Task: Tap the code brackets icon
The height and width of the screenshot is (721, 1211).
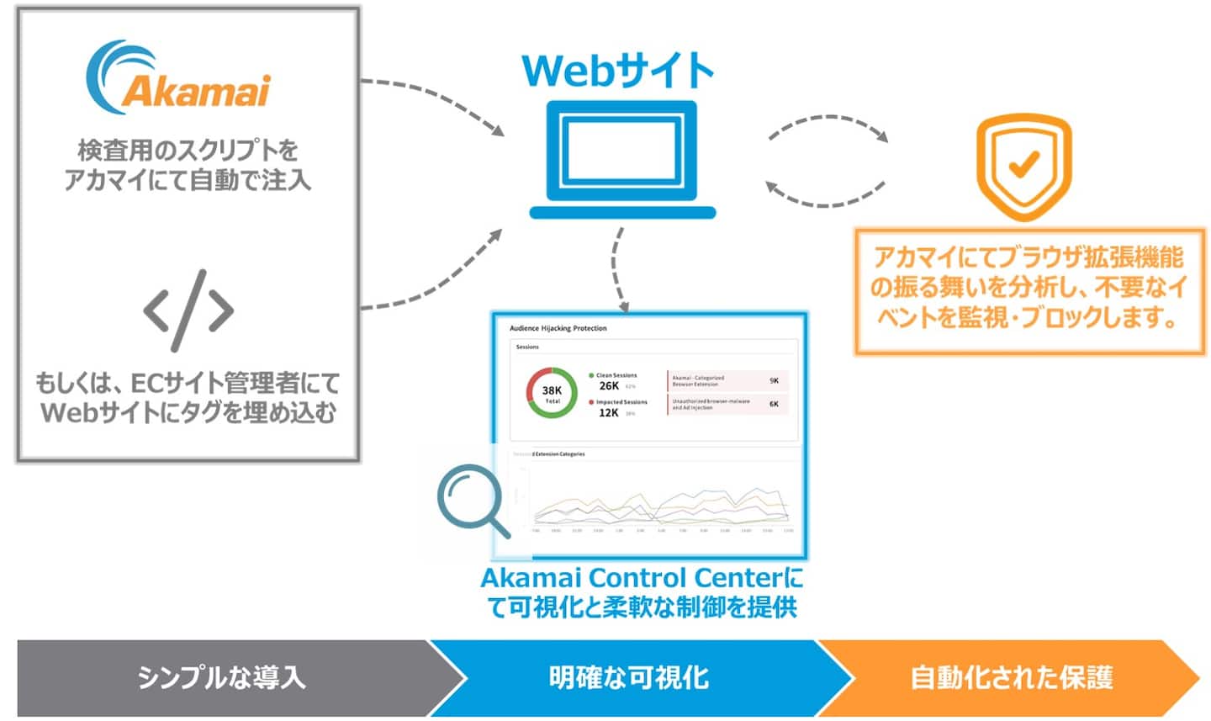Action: click(x=188, y=310)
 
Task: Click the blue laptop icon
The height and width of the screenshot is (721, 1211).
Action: click(x=622, y=160)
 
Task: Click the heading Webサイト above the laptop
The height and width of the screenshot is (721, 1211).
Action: click(x=618, y=71)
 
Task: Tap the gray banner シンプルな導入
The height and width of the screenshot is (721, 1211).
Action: click(x=222, y=677)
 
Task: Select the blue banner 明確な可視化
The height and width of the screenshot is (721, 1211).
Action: click(x=628, y=677)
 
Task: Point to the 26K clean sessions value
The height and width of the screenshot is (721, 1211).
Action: click(x=609, y=386)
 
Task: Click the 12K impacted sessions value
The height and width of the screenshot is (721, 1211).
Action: click(x=608, y=413)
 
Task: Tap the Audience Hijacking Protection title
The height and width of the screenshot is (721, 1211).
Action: click(x=558, y=328)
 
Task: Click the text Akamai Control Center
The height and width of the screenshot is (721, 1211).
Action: click(x=631, y=578)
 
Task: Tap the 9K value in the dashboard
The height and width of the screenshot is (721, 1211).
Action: click(x=774, y=381)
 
